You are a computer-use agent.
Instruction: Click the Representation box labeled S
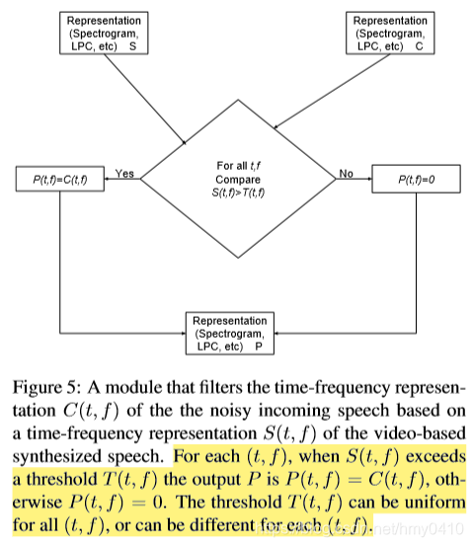(104, 33)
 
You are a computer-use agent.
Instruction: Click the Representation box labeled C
(390, 33)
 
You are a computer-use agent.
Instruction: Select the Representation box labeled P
(230, 333)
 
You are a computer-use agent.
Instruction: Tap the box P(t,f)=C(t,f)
(60, 179)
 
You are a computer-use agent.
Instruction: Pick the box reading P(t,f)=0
(416, 179)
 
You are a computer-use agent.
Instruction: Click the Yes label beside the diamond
(124, 174)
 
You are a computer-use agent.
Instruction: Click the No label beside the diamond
(347, 174)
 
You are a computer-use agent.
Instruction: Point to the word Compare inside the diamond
(238, 180)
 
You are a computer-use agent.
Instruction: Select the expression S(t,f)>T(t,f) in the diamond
(238, 193)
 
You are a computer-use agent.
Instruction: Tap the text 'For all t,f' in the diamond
(239, 166)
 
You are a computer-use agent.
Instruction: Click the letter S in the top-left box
(133, 46)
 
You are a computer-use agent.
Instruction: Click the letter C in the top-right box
(420, 46)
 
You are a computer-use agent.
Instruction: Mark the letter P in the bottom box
(259, 347)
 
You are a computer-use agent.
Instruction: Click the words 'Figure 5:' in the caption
(46, 388)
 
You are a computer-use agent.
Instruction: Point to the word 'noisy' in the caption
(230, 411)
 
